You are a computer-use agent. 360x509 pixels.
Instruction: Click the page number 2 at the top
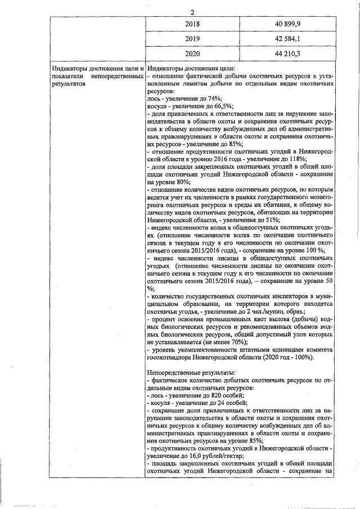pos(192,13)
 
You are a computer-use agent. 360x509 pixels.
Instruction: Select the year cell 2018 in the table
pos(192,25)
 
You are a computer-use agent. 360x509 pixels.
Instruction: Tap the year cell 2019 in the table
pos(192,39)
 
